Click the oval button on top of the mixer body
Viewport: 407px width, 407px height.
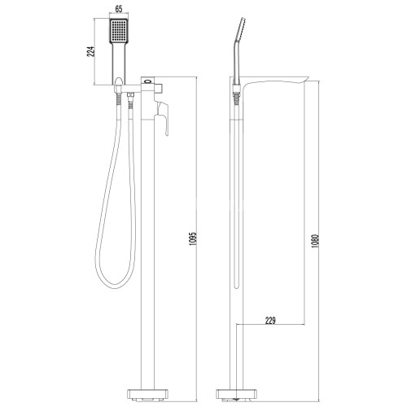(148, 81)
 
